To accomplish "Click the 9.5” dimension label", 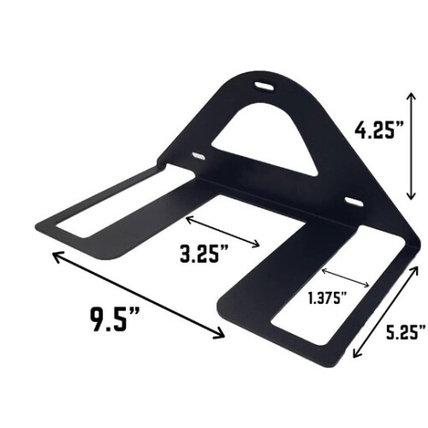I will [116, 323].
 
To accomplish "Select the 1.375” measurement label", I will [327, 297].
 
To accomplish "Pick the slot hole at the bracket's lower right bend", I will [352, 201].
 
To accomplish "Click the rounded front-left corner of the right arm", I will [224, 308].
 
